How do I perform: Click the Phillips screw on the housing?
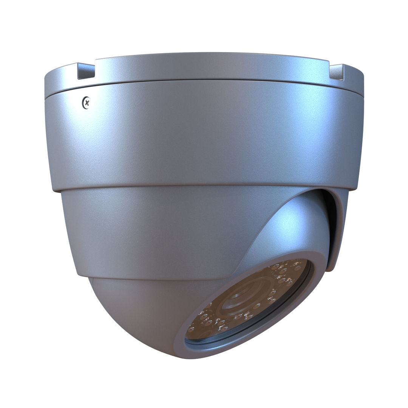point(87,102)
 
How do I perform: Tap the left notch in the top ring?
point(86,72)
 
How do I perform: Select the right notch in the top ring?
point(337,72)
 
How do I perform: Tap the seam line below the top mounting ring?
point(204,81)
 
